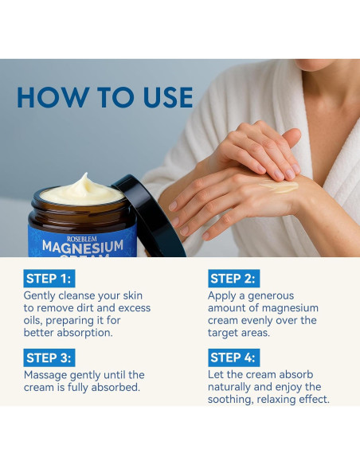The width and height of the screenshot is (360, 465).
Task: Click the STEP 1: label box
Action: pos(49,279)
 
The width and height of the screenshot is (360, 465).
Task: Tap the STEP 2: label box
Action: pos(233,279)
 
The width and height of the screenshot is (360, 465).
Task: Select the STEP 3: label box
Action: pos(49,358)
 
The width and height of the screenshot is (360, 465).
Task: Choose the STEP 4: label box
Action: pos(233,358)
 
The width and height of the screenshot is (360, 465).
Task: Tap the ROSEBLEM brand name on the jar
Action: pos(82,239)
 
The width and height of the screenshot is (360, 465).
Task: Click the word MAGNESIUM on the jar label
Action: pos(83,248)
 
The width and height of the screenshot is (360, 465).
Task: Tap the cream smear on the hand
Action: pos(280,186)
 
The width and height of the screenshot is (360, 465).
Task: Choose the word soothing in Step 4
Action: pos(231,400)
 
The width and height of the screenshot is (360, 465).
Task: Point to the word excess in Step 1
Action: pos(135,308)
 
